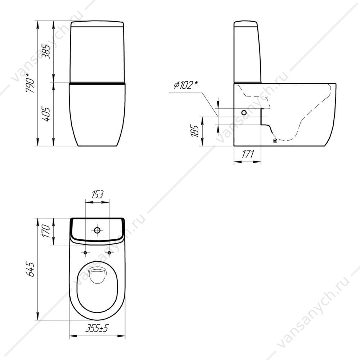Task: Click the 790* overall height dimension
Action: pos(31,83)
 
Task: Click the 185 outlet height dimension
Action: pos(195,131)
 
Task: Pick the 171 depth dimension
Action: pos(248,154)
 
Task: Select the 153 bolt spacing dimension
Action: pos(97,194)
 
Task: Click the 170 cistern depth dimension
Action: pos(46,231)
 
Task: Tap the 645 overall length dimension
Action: pos(31,269)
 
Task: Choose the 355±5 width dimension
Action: pos(96,328)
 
